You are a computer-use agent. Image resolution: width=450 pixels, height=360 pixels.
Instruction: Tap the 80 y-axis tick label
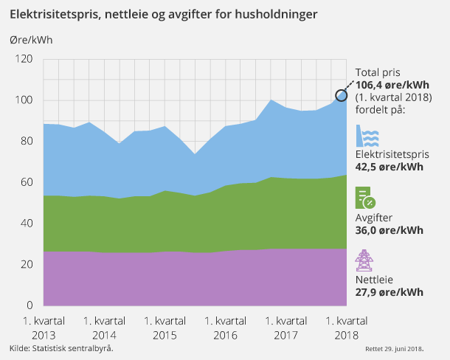tap(27, 142)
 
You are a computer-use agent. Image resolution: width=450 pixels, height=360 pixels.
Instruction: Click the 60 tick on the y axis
tap(27, 182)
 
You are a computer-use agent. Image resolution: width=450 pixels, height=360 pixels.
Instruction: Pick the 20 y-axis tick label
tap(27, 264)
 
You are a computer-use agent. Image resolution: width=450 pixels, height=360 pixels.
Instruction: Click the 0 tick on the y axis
tap(30, 305)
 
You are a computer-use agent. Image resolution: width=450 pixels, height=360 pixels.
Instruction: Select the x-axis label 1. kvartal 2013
tap(43, 328)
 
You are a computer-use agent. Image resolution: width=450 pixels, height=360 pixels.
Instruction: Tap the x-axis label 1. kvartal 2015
tap(165, 328)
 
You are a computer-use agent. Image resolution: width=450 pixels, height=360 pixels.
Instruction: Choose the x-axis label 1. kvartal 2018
tap(346, 328)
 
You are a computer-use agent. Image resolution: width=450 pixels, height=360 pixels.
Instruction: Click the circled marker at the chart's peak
tap(342, 95)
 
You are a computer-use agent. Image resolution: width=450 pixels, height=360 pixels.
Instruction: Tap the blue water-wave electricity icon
tap(368, 137)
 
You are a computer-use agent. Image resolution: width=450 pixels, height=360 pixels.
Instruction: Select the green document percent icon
tap(365, 198)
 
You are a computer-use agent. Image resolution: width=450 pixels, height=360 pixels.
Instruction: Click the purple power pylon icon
tap(364, 261)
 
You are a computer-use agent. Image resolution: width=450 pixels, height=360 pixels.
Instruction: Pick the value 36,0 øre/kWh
tap(390, 229)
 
